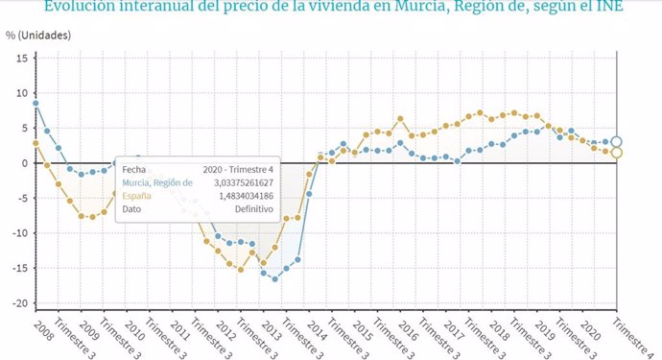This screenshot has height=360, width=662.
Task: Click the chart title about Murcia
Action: coord(333,9)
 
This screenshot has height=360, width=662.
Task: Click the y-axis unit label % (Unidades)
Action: coord(37,36)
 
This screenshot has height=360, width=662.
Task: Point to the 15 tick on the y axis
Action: coord(20,58)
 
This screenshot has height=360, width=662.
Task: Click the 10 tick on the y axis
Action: coord(20,93)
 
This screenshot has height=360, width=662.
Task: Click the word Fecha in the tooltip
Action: coord(134,168)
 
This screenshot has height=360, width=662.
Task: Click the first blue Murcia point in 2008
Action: coord(35,104)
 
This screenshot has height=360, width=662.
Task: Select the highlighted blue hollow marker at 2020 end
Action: coord(617,142)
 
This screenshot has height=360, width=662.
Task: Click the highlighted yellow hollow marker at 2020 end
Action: coord(617,153)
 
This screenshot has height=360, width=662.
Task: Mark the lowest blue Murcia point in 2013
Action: coord(274,279)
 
